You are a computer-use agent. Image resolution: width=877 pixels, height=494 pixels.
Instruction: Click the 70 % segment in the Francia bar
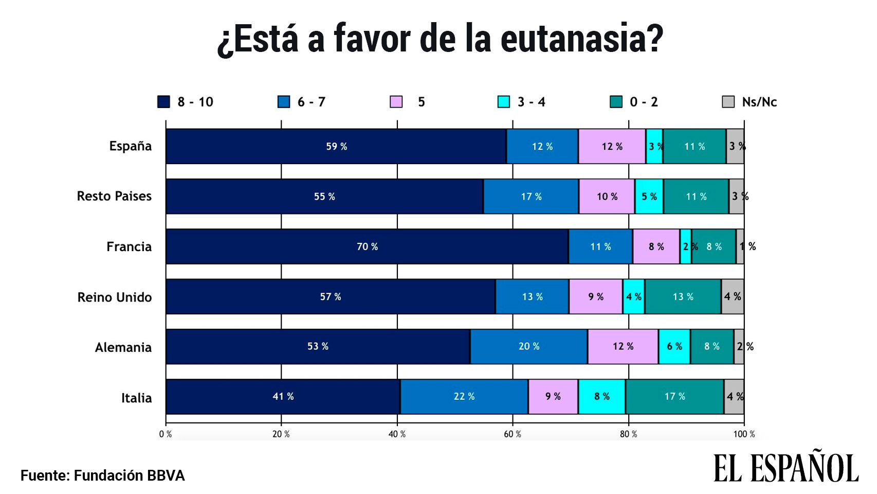[x=367, y=246]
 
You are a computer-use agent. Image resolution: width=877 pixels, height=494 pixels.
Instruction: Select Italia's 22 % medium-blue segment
[x=464, y=397]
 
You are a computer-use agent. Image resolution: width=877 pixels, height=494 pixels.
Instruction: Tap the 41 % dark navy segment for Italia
[x=283, y=397]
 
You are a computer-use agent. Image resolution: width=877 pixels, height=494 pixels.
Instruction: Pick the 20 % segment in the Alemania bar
[x=528, y=347]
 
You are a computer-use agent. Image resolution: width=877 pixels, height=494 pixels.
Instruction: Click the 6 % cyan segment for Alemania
[x=674, y=347]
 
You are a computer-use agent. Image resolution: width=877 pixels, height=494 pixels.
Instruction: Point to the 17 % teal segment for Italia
[x=674, y=397]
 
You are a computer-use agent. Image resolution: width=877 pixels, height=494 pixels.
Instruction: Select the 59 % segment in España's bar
[x=336, y=147]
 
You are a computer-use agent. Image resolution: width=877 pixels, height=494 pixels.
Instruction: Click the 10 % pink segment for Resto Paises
[x=607, y=197]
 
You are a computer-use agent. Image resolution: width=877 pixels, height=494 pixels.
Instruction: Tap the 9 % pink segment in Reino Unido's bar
[x=595, y=297]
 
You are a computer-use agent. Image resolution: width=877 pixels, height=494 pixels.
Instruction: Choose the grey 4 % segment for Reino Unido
[x=733, y=297]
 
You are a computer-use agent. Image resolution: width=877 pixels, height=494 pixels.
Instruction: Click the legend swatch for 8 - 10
[x=163, y=102]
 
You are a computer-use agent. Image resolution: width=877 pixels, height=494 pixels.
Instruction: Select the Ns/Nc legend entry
[x=758, y=102]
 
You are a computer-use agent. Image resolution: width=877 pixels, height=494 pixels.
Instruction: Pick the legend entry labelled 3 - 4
[x=531, y=102]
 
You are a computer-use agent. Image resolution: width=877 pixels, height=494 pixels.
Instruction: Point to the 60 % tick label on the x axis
[x=512, y=434]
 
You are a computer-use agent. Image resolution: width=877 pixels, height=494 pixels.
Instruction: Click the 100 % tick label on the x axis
[x=743, y=434]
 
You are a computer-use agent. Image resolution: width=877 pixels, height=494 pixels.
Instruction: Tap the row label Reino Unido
[x=115, y=297]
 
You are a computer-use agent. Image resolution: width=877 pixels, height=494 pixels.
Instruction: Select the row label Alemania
[x=123, y=347]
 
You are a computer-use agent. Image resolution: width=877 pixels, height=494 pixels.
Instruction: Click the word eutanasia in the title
[x=581, y=39]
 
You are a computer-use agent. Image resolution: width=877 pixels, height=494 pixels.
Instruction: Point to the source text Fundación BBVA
[x=129, y=475]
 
